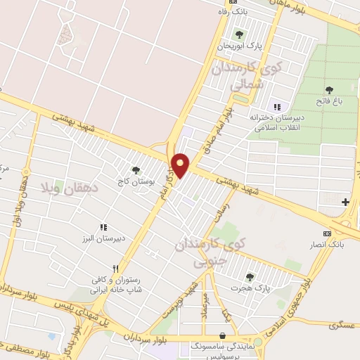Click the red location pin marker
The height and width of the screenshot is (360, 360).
pos(181,165)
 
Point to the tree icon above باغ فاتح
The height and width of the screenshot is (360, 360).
pos(330,89)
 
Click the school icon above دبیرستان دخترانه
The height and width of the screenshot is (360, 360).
pos(276,106)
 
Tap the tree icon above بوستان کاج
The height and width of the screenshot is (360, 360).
pos(136,169)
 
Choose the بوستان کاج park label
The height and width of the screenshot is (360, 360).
pos(136,181)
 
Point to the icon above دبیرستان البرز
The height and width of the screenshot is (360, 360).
pos(103,227)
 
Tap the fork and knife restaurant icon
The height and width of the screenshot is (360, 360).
pos(115,267)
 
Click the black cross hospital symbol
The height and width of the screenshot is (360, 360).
pos(345,202)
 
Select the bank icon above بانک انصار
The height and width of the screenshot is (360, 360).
pos(327,233)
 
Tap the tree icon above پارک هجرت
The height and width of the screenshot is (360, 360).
pos(250,276)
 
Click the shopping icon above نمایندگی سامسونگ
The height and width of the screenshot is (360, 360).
pos(224,337)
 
